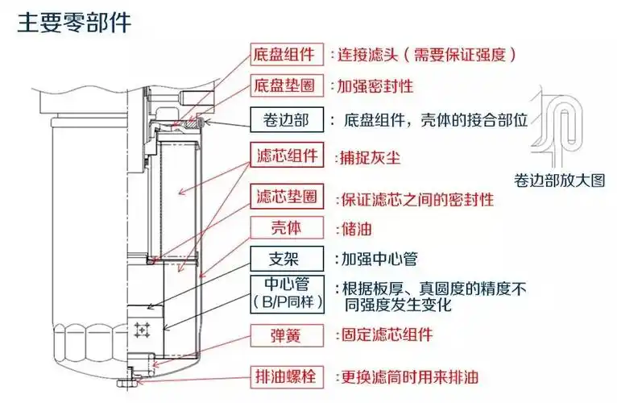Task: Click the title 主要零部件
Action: click(74, 22)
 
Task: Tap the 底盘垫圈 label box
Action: click(284, 85)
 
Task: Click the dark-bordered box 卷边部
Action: click(284, 120)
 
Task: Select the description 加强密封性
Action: click(375, 85)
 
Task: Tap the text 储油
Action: click(354, 229)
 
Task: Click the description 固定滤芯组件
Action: click(387, 334)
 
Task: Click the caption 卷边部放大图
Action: click(559, 181)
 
